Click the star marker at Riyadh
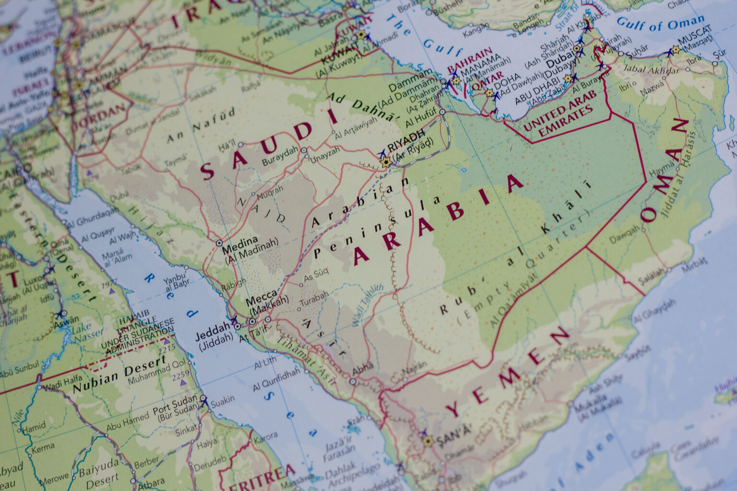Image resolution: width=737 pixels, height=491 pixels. pyautogui.click(x=385, y=163)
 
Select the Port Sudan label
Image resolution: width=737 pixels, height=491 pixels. pyautogui.click(x=175, y=401)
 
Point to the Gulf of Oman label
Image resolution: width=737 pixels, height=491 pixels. pyautogui.click(x=661, y=22)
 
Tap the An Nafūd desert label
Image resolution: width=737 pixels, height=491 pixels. pyautogui.click(x=201, y=126)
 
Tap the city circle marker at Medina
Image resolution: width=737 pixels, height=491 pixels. pyautogui.click(x=219, y=243)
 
